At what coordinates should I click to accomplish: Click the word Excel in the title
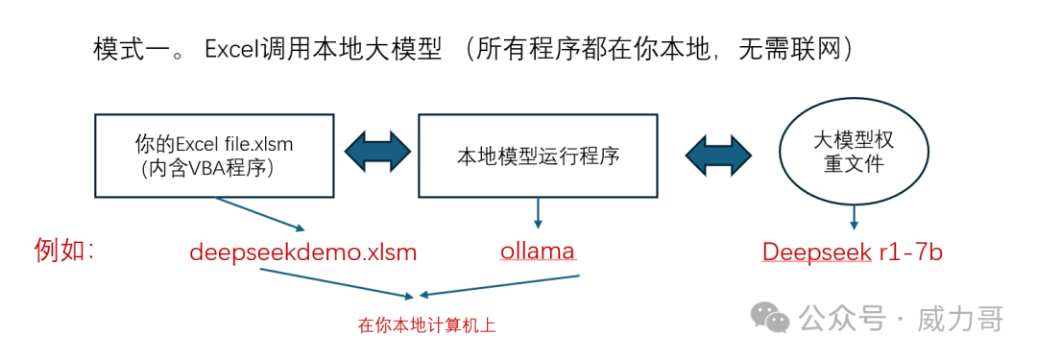[231, 50]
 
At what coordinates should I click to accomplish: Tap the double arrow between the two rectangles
[377, 156]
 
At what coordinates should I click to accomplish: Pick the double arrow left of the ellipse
[718, 156]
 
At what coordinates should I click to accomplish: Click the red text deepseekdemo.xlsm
[303, 252]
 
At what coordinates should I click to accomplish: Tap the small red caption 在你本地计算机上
[426, 325]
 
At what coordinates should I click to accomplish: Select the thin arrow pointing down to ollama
[538, 212]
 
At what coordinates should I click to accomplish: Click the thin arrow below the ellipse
[855, 214]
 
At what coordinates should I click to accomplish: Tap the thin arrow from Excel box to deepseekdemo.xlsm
[259, 214]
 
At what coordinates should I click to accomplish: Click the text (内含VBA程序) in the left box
[208, 169]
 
